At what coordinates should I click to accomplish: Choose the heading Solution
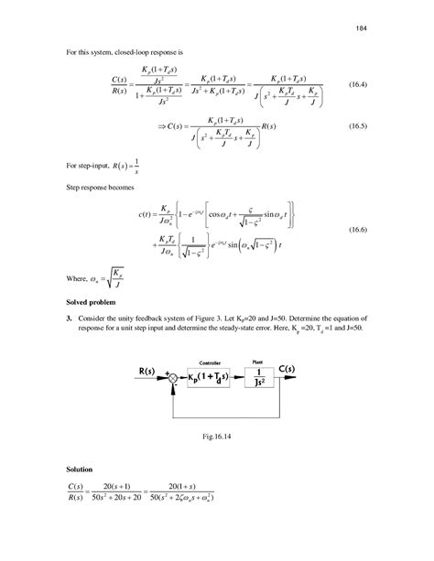coord(81,469)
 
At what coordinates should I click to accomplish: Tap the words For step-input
coord(89,166)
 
